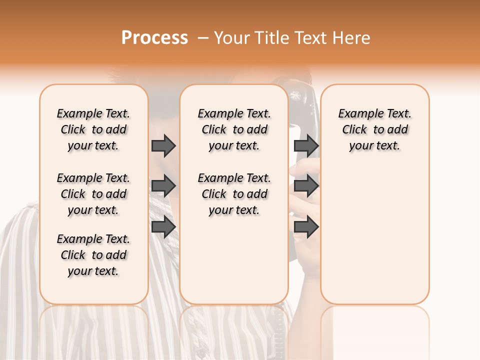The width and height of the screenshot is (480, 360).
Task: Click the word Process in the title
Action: coord(154,38)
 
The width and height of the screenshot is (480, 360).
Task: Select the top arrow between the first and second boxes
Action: coord(163,145)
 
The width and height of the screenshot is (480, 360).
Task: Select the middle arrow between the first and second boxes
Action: coord(163,186)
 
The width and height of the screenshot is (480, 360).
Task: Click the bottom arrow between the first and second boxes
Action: coord(163,227)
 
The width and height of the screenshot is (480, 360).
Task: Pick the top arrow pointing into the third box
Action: coord(306,145)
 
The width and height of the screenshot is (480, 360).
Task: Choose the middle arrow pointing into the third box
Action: coord(306,186)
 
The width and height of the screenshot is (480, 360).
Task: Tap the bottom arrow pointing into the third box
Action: coord(306,227)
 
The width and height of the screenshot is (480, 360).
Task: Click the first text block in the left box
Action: coord(93,129)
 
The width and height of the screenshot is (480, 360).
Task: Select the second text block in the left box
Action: coord(93,194)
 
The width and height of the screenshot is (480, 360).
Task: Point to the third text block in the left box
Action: coord(93,255)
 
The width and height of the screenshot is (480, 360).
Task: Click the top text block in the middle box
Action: coord(234,129)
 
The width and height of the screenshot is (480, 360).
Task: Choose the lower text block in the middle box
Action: coord(234,194)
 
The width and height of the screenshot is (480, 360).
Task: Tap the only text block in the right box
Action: coord(374,129)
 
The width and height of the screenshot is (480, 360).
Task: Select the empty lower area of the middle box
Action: coord(234,260)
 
